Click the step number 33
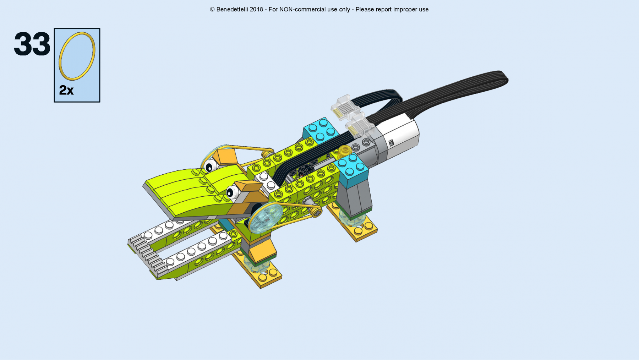pos(32,44)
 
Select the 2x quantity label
pos(66,90)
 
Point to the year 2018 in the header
pos(256,10)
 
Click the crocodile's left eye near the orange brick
pos(211,166)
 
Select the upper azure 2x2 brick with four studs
pos(320,130)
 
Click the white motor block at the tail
pos(401,137)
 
